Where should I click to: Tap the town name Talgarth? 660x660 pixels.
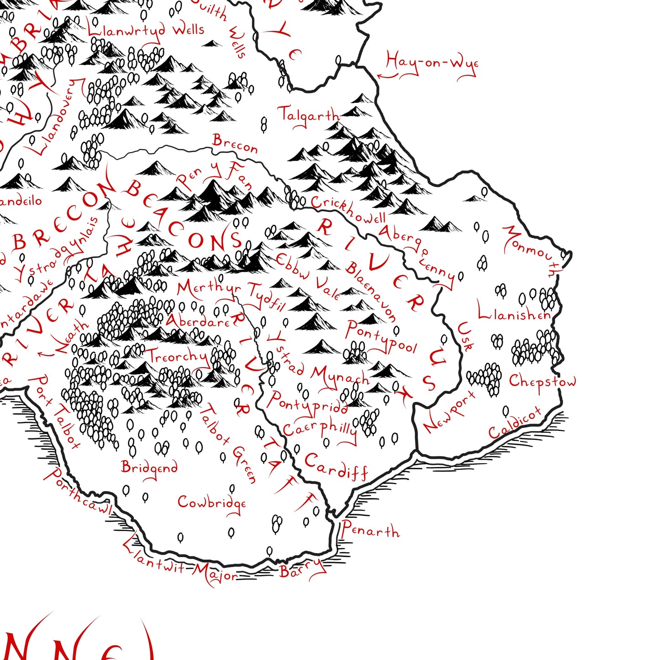pos(308,116)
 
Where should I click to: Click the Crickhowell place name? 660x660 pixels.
pos(348,210)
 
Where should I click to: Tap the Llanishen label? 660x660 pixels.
pos(513,312)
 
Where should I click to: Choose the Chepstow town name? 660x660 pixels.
pos(542,381)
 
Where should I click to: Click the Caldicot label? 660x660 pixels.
pos(514,423)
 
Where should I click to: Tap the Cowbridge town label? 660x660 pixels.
pos(211,503)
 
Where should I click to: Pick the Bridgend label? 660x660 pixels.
pos(149,467)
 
